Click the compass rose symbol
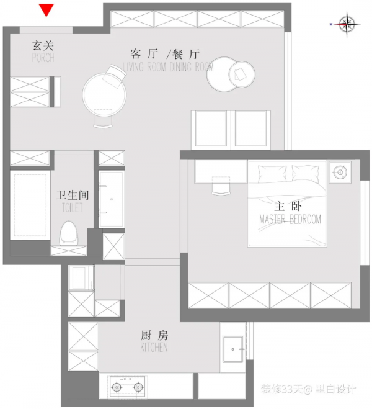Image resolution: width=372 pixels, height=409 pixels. click(347, 24)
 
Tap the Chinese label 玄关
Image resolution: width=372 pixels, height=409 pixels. click(42, 45)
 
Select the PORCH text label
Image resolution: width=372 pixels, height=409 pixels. click(42, 58)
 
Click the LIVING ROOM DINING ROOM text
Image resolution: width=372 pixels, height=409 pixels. click(168, 67)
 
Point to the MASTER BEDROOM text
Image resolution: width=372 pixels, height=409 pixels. click(290, 220)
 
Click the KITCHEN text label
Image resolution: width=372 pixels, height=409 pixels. click(154, 348)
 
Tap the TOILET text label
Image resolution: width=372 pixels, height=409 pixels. click(73, 209)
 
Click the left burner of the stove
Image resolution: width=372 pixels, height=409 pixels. click(117, 387)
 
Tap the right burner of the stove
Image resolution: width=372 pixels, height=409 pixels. click(138, 387)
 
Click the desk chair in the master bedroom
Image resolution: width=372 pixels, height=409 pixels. click(221, 184)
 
